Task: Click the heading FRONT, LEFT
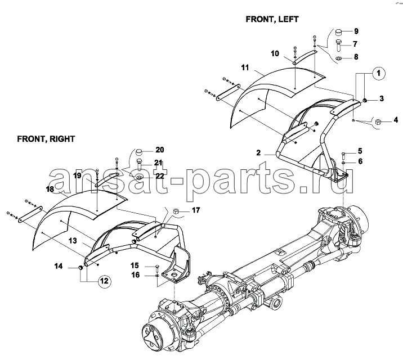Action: coord(272,19)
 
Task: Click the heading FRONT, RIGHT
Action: coord(46,139)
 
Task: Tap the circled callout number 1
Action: coord(378,74)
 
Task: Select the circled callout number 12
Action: coord(104,281)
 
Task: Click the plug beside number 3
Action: coord(365,100)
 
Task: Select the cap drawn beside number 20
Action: coord(139,152)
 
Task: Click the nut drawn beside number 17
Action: coord(176,211)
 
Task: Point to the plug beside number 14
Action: coord(80,268)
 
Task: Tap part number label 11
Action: coord(245,67)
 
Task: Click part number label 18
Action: coord(50,190)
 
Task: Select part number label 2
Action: coord(258,153)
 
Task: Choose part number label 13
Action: coord(73,241)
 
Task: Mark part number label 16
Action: coord(136,275)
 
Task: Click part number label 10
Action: coord(275,53)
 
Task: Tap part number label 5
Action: coord(360,151)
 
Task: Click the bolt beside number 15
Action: coord(156,267)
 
